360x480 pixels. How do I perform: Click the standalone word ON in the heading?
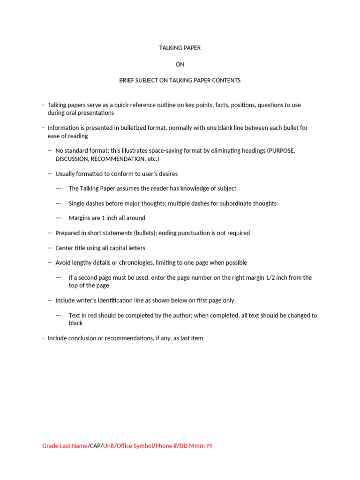coord(180,64)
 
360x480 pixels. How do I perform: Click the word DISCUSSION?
coord(72,159)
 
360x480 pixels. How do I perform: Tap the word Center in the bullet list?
coord(65,248)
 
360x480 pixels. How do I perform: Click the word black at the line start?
coord(75,323)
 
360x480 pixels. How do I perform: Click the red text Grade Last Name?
coord(65,446)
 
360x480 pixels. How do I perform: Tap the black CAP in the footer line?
coord(95,446)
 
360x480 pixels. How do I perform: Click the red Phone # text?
coord(166,446)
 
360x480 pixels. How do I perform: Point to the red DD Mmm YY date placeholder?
coord(196,446)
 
